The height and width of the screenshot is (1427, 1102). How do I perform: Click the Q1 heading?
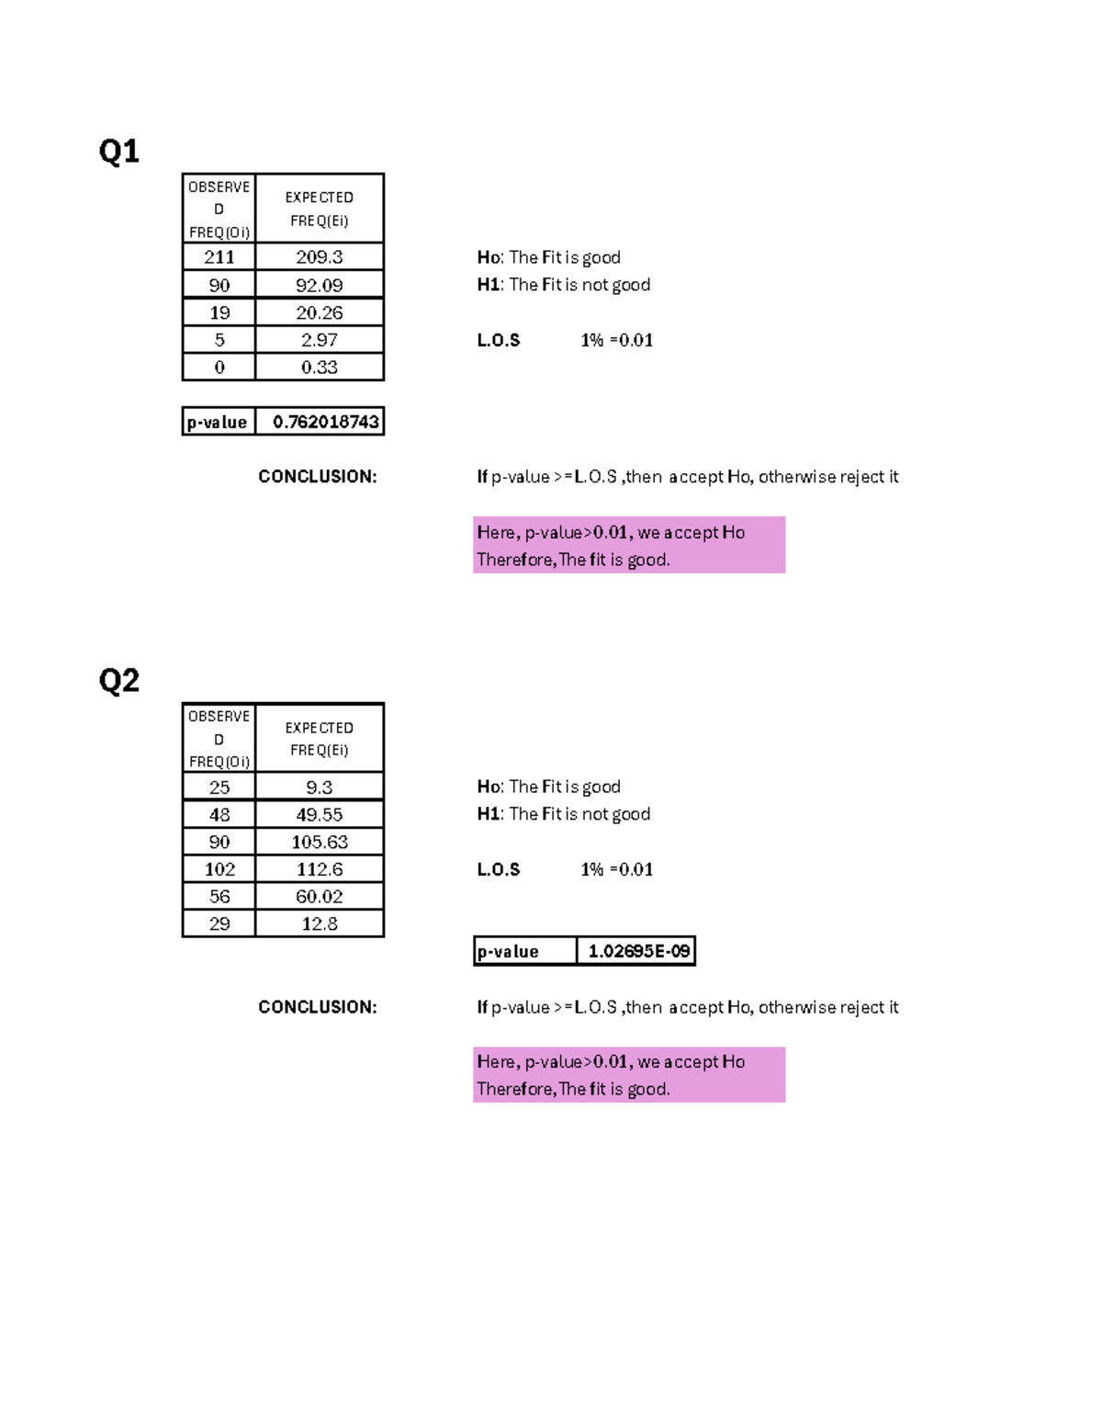pos(118,151)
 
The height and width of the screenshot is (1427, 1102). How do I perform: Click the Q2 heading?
pos(118,681)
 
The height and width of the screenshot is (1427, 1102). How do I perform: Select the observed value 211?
pos(219,257)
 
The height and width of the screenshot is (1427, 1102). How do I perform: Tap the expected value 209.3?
pos(319,257)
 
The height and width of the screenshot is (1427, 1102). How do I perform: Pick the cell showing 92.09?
pos(319,285)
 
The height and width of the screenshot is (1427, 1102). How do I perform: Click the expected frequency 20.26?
pos(319,312)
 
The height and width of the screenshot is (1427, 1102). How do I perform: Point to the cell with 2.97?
pos(319,340)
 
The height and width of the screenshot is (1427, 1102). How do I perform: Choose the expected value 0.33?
pos(319,368)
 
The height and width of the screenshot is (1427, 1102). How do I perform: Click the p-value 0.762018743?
pos(325,422)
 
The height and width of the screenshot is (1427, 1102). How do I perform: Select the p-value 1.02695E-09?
pos(638,951)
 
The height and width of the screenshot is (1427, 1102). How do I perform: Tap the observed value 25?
pos(219,787)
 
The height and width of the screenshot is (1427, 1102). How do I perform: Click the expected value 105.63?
pos(319,842)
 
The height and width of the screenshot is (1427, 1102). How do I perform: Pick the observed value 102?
pos(219,869)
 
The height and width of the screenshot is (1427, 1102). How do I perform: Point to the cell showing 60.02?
pos(319,897)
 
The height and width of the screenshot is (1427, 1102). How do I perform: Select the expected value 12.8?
pos(319,924)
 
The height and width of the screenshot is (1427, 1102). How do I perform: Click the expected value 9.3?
pos(319,787)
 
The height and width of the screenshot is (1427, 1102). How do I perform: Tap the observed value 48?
pos(219,815)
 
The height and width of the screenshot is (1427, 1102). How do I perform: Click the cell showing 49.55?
pos(319,815)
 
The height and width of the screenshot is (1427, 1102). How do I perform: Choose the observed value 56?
pos(219,897)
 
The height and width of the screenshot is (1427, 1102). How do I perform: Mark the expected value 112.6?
pos(319,869)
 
